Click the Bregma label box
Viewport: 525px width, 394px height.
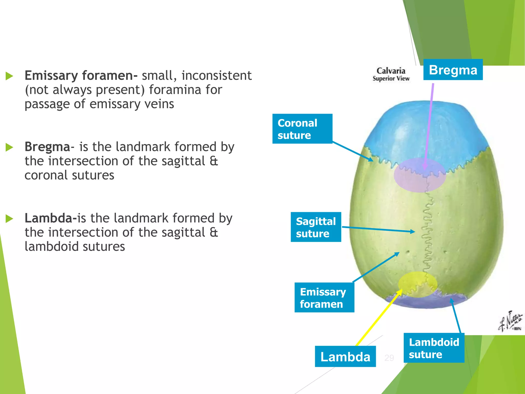[453, 70]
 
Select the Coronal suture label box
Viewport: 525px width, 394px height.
[302, 129]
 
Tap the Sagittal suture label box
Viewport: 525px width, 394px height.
[316, 227]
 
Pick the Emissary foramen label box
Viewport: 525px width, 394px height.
[324, 298]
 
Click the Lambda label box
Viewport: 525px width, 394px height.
[345, 357]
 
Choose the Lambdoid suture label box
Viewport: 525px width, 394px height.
[434, 348]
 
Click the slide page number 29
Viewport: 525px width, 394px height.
[389, 358]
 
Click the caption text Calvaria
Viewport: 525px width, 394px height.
[391, 71]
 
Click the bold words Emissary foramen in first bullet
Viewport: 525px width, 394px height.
[81, 76]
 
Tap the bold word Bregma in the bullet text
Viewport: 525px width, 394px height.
[47, 147]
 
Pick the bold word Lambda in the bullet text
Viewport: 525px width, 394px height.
[49, 218]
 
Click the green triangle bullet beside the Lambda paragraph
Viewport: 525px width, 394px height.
[9, 219]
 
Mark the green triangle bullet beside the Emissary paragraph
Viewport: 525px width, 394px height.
[9, 76]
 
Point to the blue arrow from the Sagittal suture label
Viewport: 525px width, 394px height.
[378, 229]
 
